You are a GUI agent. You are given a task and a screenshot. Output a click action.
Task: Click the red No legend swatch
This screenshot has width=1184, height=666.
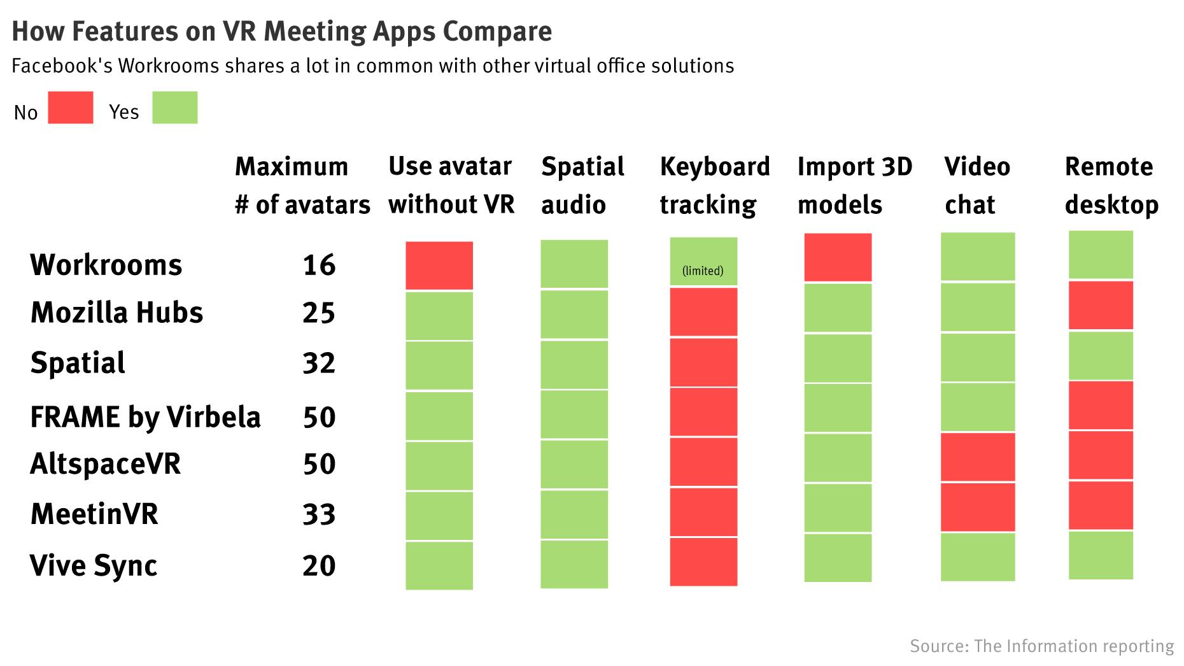(x=71, y=107)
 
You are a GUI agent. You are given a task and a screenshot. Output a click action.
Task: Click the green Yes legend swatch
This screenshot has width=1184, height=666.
(x=175, y=107)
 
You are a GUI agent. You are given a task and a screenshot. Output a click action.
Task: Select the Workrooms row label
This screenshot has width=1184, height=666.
(x=106, y=265)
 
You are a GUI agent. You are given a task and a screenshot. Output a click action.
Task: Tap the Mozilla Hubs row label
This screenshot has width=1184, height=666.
(x=116, y=313)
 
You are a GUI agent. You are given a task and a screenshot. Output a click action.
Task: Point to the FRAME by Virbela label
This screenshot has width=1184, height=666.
(x=145, y=417)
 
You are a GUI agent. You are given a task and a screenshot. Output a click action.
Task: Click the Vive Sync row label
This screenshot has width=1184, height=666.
(x=94, y=565)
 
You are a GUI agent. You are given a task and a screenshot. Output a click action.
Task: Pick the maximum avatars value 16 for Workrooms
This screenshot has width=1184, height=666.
(x=319, y=265)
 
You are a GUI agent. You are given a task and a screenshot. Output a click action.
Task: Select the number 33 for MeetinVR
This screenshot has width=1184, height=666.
(x=319, y=514)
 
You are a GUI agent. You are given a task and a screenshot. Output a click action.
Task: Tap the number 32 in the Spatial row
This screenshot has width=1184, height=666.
(x=319, y=363)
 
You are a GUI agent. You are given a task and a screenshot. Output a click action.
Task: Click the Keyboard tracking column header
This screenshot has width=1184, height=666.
(x=714, y=185)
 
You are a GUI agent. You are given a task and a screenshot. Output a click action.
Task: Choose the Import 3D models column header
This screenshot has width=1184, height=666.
(x=854, y=185)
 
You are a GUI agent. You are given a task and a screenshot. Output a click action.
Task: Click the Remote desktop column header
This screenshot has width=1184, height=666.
(x=1111, y=185)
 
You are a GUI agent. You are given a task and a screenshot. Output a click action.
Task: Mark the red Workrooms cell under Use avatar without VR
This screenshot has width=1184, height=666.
(x=439, y=266)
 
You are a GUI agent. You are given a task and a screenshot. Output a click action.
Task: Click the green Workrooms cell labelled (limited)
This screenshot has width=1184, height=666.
(x=703, y=262)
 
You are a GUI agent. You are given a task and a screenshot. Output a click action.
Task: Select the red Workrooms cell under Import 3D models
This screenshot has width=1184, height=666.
(x=838, y=257)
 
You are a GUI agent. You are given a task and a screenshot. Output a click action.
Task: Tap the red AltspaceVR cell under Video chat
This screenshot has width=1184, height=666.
(x=978, y=457)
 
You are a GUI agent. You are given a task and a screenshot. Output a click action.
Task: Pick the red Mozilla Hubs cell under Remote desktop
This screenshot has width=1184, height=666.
(x=1101, y=306)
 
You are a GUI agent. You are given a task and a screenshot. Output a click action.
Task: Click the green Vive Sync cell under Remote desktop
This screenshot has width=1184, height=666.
(x=1101, y=555)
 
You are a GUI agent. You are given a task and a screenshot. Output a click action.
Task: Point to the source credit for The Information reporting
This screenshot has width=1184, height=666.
(x=1041, y=646)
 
